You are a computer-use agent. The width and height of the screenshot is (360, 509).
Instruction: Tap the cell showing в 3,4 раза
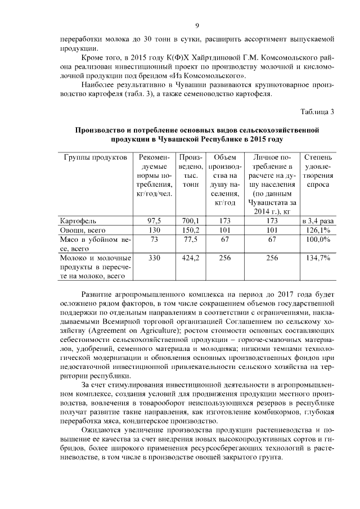pos(317,220)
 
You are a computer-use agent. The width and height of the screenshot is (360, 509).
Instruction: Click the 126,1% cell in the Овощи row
pos(317,230)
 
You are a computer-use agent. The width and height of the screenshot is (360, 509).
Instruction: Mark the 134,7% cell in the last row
pos(317,258)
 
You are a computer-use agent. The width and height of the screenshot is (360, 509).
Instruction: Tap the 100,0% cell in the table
pos(317,240)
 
